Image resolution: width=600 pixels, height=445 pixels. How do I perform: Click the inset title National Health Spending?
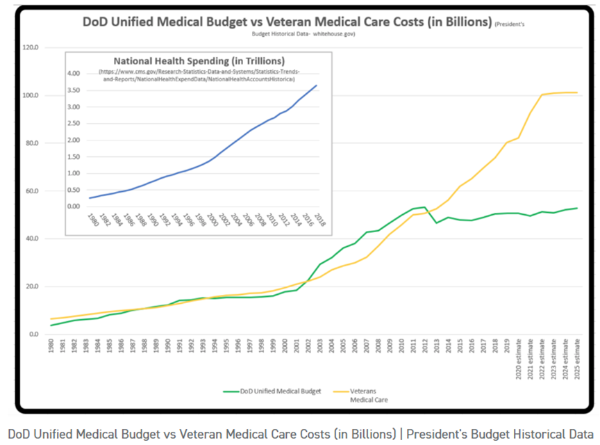click(x=194, y=60)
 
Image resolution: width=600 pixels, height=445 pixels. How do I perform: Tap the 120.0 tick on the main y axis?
click(x=31, y=48)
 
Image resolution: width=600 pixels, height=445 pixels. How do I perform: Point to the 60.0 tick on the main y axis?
click(x=31, y=191)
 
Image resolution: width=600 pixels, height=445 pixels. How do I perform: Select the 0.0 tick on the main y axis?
click(x=33, y=334)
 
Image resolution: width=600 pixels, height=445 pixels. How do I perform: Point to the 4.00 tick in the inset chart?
click(x=74, y=73)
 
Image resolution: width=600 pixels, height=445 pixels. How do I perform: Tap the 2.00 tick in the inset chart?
click(x=74, y=140)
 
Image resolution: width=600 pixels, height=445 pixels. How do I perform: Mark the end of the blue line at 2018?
click(x=317, y=86)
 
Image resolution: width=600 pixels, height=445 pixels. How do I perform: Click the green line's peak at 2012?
click(x=425, y=207)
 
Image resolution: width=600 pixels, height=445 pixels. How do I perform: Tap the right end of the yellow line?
click(x=577, y=92)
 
